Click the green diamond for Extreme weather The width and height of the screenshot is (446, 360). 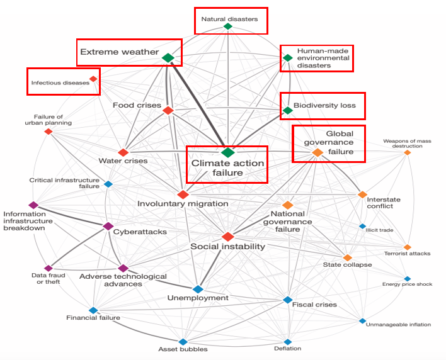pos(168,58)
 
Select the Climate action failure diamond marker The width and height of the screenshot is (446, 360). pos(228,152)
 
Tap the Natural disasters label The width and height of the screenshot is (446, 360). pos(229,19)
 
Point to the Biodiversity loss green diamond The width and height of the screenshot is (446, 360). pos(287,111)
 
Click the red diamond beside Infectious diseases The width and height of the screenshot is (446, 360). pos(93,79)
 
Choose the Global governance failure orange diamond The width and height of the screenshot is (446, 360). pos(317,152)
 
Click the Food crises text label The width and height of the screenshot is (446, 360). pos(137,105)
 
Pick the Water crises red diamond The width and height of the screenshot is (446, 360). pos(123,152)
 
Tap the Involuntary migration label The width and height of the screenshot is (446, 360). pos(183,203)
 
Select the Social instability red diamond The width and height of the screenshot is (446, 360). pos(228,236)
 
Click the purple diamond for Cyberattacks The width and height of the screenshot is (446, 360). pos(108,226)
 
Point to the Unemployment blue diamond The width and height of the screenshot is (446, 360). pos(198,289)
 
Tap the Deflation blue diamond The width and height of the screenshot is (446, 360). pos(288,341)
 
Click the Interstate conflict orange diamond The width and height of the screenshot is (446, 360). pos(362,194)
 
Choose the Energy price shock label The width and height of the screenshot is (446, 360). pos(407,284)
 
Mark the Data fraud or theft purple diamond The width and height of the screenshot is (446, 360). pos(47,268)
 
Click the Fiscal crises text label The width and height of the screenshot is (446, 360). pos(314,305)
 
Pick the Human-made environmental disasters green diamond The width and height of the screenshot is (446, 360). pos(287,58)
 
